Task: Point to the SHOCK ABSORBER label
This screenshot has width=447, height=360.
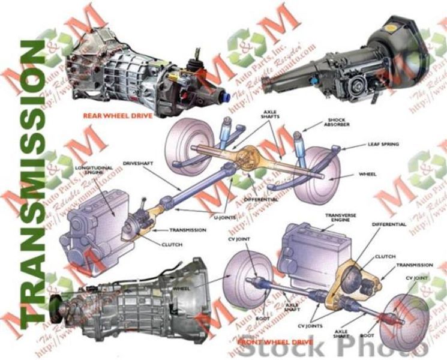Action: (x=350, y=123)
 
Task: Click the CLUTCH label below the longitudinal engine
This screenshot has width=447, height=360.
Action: (x=172, y=245)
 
